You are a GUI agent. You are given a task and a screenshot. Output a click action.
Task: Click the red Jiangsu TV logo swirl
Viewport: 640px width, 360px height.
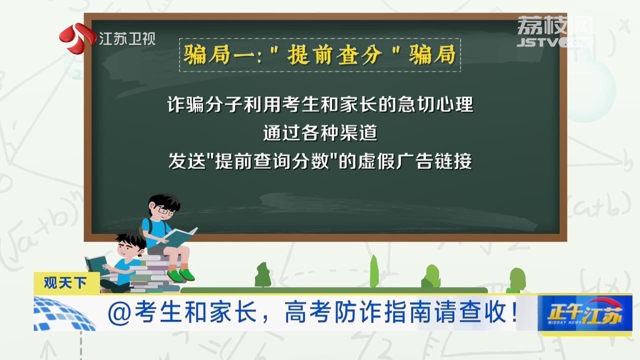coord(77,38)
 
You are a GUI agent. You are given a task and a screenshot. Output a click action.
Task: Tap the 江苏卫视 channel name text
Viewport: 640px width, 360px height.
coord(127,38)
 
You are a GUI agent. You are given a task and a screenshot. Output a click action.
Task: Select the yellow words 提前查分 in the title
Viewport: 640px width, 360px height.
coord(334,54)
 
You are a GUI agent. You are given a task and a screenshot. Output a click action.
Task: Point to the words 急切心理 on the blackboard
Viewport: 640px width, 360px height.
coord(435,104)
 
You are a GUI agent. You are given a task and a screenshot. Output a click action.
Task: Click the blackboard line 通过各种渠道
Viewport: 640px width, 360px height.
coord(320,132)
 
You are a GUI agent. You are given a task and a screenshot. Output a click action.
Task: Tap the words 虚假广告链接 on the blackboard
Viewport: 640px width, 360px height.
coord(414,161)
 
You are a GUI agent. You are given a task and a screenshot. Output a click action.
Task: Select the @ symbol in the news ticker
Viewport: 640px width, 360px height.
coord(119,313)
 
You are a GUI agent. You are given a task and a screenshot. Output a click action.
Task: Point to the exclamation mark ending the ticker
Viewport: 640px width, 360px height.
coord(514,312)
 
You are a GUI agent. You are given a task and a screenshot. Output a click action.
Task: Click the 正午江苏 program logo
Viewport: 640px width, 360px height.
coord(585,313)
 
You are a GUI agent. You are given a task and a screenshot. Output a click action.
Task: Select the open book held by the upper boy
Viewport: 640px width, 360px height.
coord(179,236)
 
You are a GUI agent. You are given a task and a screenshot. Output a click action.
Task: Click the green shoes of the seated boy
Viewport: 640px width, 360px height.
coord(180,275)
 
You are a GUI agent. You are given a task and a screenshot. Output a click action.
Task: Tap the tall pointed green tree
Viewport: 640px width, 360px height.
coord(374,271)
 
